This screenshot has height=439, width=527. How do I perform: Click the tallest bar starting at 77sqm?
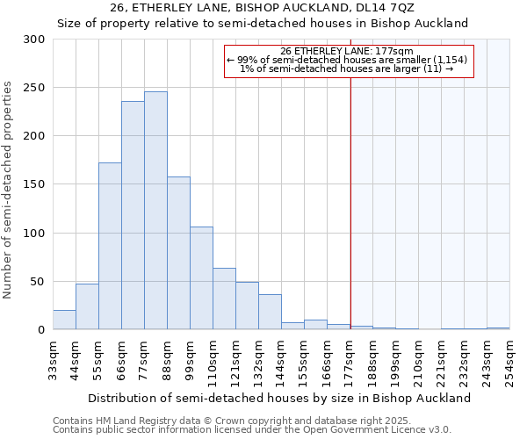(x=155, y=211)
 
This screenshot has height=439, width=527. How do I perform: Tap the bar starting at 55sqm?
(x=110, y=246)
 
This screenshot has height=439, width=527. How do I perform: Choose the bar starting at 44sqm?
(x=87, y=306)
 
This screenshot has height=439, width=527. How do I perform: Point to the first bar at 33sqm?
(x=64, y=320)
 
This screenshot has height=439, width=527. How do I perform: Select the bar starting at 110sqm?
(x=224, y=299)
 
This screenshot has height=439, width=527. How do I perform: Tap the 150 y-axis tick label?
(x=33, y=184)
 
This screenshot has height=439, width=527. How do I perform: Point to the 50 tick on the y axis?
(x=37, y=282)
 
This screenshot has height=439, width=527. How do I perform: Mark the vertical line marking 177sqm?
(x=350, y=202)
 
